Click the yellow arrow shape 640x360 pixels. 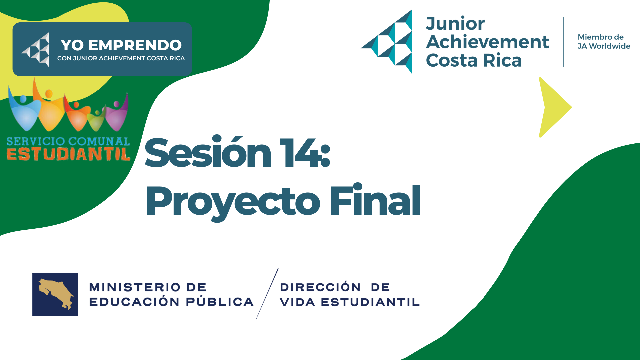coord(553,107)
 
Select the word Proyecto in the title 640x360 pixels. coord(233,202)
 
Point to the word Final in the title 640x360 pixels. coord(375,200)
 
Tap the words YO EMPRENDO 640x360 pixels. coord(121,45)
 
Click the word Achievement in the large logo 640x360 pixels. coord(487,42)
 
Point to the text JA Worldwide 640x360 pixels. coord(604,46)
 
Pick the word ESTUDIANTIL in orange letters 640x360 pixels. coord(68,154)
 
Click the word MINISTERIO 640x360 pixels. coord(135,287)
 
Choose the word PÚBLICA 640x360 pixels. coord(220,302)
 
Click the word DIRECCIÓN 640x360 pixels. coord(320,287)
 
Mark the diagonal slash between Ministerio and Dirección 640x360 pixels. coord(267,294)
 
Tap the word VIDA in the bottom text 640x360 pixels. coord(297,302)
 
